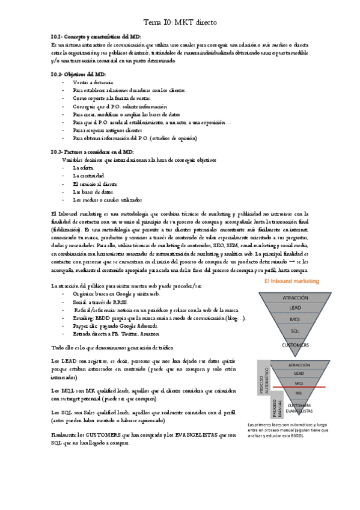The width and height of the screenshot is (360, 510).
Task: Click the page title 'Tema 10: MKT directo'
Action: (180, 22)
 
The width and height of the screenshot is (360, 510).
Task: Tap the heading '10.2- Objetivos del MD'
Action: (78, 73)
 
